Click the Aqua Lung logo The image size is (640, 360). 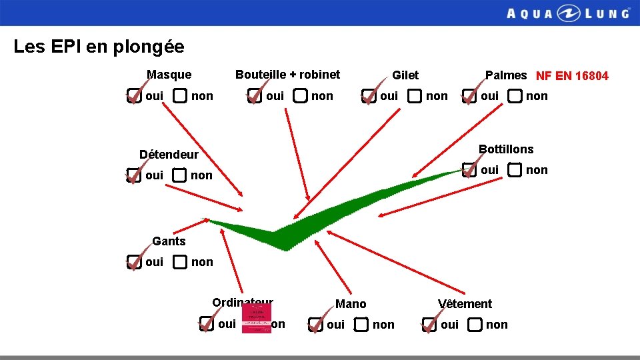coord(567,13)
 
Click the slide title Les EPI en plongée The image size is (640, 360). coord(99,47)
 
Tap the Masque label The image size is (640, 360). coord(169,75)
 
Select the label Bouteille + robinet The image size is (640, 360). coord(287,75)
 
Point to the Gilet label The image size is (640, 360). coord(405,75)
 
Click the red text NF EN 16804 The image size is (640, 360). coord(572,76)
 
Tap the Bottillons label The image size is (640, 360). coord(506,149)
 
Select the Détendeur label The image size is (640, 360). coord(169,155)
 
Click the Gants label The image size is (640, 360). coord(169,241)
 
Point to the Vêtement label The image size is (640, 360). coord(465,304)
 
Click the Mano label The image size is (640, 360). coord(351,304)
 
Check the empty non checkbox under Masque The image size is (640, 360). coord(180,96)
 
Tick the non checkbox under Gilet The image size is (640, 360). coord(415,97)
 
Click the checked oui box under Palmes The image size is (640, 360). coord(469,97)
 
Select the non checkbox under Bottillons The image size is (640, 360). coord(515,170)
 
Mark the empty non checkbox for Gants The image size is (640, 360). coord(180,262)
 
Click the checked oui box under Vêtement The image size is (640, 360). coord(429,325)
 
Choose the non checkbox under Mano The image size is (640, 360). coord(361,325)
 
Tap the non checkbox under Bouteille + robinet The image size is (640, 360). coord(300,97)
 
